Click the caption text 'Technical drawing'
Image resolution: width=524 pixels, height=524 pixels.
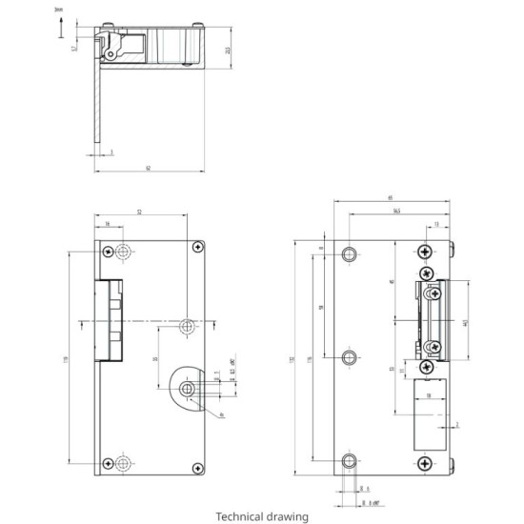coord(262,516)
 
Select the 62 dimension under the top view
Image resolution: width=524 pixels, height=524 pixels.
coord(149,168)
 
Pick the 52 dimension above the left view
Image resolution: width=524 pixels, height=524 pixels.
coord(139,211)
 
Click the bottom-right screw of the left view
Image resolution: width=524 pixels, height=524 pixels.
coord(197,467)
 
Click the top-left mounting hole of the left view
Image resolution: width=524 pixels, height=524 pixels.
coord(123,252)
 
